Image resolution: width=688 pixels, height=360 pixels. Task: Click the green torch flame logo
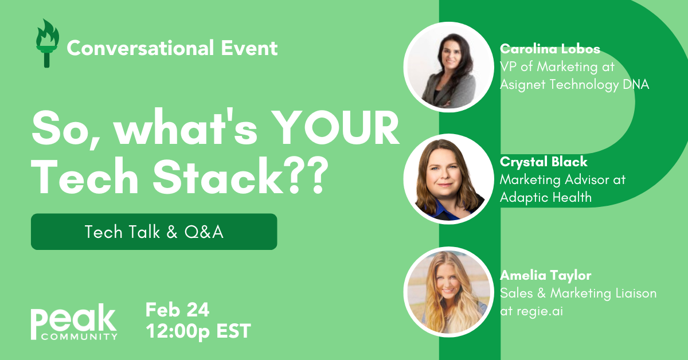[x=47, y=43]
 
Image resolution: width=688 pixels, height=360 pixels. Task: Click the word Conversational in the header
[x=140, y=48]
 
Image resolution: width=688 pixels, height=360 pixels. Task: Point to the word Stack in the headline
[x=218, y=177]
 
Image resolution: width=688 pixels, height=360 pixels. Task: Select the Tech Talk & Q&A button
[x=154, y=232]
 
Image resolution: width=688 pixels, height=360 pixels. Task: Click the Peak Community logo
[x=74, y=322]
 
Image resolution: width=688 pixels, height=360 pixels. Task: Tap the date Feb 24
[x=177, y=310]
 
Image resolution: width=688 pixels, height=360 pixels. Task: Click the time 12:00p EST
[x=198, y=331]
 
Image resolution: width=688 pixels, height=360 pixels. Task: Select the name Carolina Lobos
[x=550, y=49]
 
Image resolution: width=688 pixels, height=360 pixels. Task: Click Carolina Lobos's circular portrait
[x=449, y=67]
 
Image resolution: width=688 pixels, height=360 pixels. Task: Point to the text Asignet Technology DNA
[x=574, y=84]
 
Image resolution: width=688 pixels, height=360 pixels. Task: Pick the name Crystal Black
[x=544, y=162]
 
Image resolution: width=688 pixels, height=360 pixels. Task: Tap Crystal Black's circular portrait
[x=449, y=179]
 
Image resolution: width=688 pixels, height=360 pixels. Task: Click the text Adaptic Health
[x=546, y=197]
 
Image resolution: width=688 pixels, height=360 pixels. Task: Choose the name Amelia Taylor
[x=545, y=275]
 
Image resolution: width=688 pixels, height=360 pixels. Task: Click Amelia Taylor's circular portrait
[x=449, y=292]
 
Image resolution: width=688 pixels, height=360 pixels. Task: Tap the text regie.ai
[x=540, y=311]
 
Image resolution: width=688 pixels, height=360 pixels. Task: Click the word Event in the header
[x=249, y=48]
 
